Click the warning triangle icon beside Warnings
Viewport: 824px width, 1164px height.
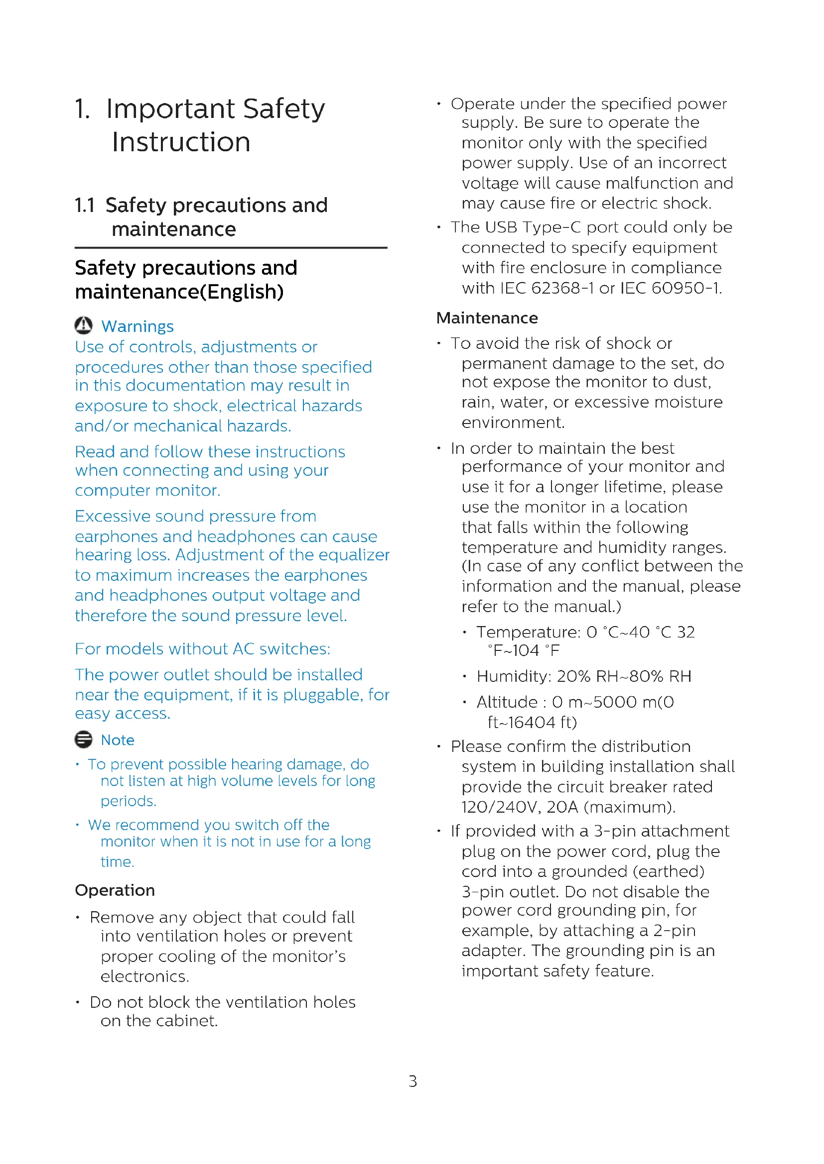coord(83,325)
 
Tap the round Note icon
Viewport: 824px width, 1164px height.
coord(83,740)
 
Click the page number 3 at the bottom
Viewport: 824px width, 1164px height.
coord(412,1082)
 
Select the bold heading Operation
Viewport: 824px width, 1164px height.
coord(115,890)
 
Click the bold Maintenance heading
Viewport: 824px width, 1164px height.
coord(487,318)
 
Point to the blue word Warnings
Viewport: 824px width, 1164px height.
coord(137,326)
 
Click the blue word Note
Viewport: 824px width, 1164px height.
coord(118,740)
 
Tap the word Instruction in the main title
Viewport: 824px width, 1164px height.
coord(181,142)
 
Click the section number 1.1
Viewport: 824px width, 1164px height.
coord(85,206)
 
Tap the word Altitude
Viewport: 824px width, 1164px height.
coord(507,702)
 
